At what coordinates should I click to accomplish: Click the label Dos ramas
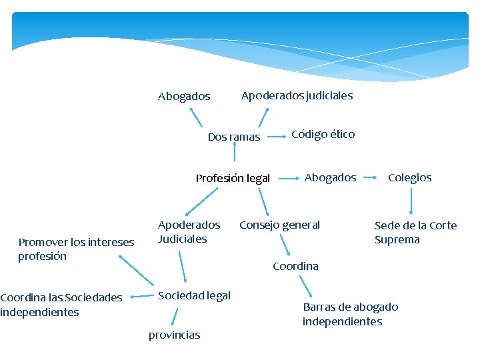point(234,137)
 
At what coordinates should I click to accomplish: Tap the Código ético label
point(323,135)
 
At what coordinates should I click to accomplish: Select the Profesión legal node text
point(233,179)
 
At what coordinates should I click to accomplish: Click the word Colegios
point(410,178)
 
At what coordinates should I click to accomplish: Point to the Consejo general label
point(279,225)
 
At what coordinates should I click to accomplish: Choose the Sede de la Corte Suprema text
point(415,233)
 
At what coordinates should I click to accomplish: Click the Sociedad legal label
point(194,296)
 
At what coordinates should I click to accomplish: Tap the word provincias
point(174,335)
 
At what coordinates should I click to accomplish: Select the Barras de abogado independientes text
point(351,314)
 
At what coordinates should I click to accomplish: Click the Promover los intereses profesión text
point(76,249)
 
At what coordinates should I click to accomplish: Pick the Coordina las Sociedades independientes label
point(61,305)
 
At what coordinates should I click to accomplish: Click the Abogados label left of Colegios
point(330,178)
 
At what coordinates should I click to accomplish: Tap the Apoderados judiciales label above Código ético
point(297,96)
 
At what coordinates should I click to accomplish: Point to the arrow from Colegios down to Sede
point(411,201)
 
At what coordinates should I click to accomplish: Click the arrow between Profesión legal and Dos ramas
point(235,153)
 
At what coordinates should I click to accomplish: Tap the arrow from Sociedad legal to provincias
point(175,316)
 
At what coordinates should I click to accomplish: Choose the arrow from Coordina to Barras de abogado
point(309,287)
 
